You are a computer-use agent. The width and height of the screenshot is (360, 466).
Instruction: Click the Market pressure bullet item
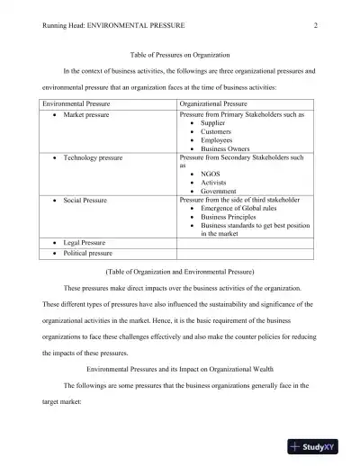86,116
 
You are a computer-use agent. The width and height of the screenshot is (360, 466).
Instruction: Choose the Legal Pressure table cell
85,242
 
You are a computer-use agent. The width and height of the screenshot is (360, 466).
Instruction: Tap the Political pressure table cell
88,253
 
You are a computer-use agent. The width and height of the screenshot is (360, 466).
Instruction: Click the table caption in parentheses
180,271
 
